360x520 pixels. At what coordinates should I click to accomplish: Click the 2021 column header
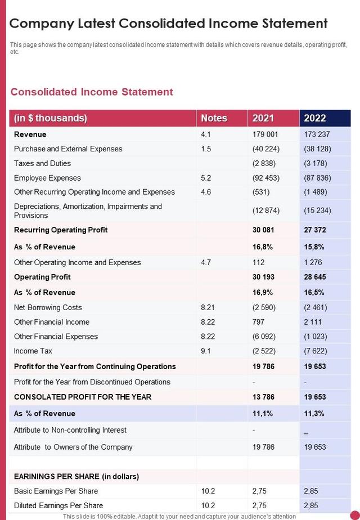pyautogui.click(x=263, y=118)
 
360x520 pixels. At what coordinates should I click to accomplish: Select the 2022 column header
pyautogui.click(x=315, y=118)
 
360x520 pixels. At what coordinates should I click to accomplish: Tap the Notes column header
pyautogui.click(x=214, y=118)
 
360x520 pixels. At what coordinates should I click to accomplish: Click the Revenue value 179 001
pyautogui.click(x=265, y=135)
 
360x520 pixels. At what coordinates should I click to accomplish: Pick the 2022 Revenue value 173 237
pyautogui.click(x=317, y=135)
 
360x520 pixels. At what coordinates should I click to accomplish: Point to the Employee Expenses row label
pyautogui.click(x=47, y=178)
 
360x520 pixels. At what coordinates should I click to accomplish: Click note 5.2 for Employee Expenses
pyautogui.click(x=206, y=178)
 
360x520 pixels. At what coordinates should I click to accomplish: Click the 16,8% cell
pyautogui.click(x=262, y=246)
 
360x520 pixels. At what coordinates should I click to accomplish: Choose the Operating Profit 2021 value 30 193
pyautogui.click(x=264, y=277)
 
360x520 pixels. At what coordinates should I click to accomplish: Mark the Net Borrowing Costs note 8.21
pyautogui.click(x=208, y=307)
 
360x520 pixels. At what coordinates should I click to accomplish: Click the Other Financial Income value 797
pyautogui.click(x=259, y=322)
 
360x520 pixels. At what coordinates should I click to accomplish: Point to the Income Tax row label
pyautogui.click(x=33, y=351)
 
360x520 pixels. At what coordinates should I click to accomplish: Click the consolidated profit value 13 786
pyautogui.click(x=264, y=397)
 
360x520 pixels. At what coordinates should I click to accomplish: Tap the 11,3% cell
pyautogui.click(x=314, y=414)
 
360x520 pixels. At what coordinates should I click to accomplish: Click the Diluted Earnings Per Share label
pyautogui.click(x=58, y=505)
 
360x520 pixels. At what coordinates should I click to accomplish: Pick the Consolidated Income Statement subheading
pyautogui.click(x=92, y=92)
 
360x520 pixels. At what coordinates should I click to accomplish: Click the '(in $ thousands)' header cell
pyautogui.click(x=51, y=118)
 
